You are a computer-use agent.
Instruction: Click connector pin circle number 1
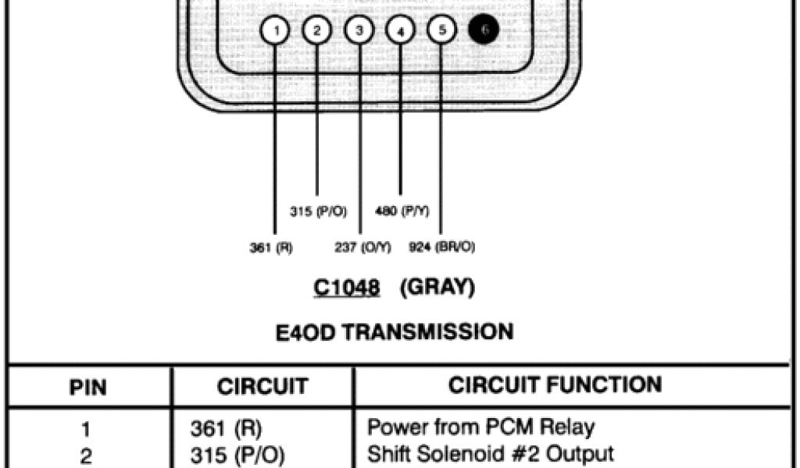coord(275,30)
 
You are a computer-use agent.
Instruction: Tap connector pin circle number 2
coord(316,30)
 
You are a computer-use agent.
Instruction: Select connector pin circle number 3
coord(359,30)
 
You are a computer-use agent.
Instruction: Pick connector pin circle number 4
coord(400,31)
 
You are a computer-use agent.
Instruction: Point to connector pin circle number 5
coord(441,30)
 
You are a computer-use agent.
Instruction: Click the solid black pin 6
coord(483,30)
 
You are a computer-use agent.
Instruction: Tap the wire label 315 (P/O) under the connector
coord(318,211)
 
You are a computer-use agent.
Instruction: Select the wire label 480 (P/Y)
coord(402,211)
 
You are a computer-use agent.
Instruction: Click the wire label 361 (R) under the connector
coord(270,248)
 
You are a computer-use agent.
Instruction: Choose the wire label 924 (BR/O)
coord(442,248)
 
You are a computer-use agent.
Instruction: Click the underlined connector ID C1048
coord(347,289)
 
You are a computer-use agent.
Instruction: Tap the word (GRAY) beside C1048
coord(437,288)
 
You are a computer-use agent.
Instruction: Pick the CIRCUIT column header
coord(262,386)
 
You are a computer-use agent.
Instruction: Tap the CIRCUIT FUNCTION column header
coord(555,385)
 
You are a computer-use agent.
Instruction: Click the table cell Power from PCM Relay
coord(481,427)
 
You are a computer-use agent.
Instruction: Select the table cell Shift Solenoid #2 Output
coord(491,453)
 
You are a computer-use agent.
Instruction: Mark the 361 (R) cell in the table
coord(227,428)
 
